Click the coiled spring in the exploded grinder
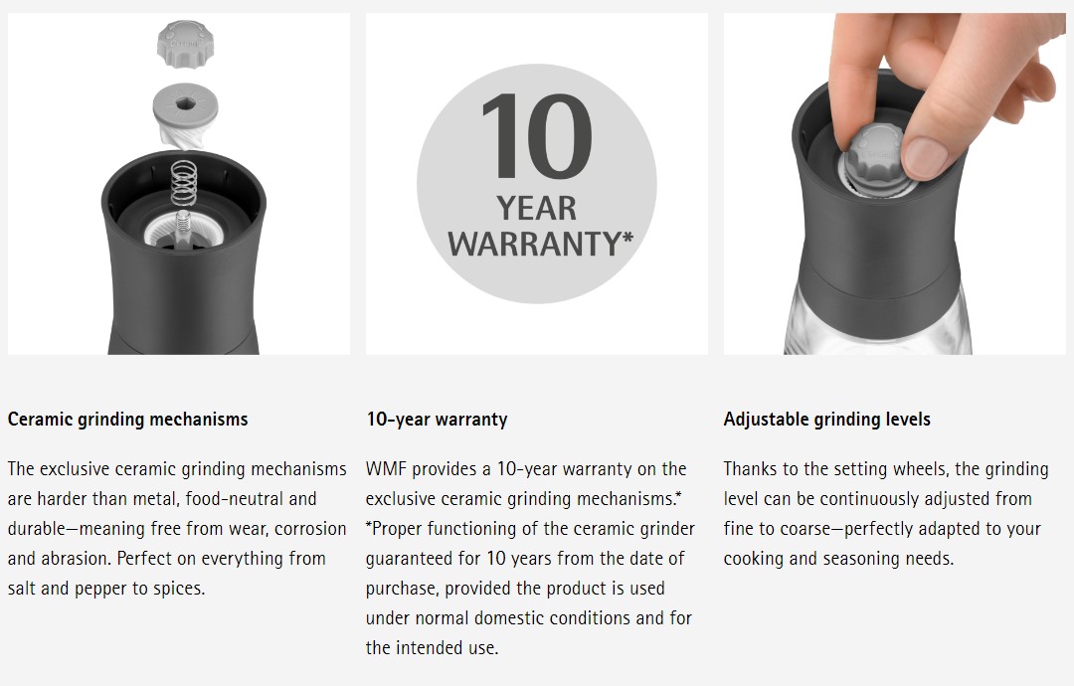point(184,183)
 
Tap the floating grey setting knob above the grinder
point(185,44)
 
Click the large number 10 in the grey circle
point(536,135)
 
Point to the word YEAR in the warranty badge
point(536,208)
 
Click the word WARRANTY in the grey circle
point(534,244)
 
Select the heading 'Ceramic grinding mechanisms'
point(128,419)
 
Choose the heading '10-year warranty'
point(437,419)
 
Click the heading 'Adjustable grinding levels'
point(826,419)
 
